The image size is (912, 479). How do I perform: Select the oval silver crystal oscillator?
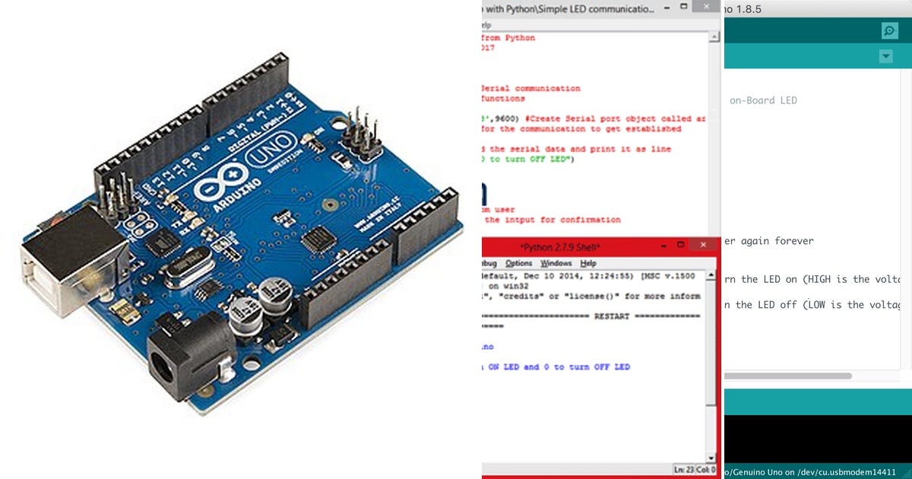click(x=181, y=270)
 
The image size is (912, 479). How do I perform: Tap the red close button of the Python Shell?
click(x=705, y=245)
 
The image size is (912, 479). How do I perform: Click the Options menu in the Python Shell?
click(x=519, y=263)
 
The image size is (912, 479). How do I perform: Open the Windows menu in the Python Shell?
click(x=556, y=263)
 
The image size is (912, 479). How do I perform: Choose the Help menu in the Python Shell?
click(x=588, y=263)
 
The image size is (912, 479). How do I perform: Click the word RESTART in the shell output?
click(x=613, y=316)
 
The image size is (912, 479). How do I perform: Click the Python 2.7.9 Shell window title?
click(x=560, y=247)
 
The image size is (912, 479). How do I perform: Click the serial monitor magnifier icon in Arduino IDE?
click(x=889, y=30)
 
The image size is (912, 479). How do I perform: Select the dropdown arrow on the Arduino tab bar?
click(x=885, y=56)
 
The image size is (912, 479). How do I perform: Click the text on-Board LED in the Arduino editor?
click(x=763, y=100)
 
